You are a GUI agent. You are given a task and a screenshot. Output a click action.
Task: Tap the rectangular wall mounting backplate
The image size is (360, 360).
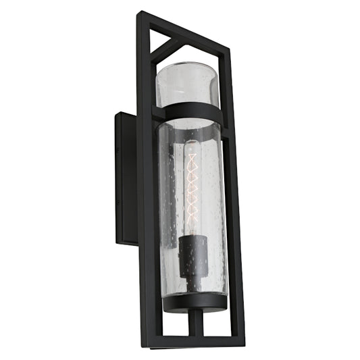[x=125, y=176]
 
